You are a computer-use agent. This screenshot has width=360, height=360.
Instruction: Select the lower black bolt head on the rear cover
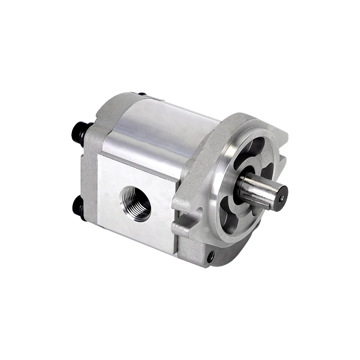pyautogui.click(x=78, y=206)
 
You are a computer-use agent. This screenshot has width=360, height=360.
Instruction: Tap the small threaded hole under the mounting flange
pyautogui.click(x=210, y=256)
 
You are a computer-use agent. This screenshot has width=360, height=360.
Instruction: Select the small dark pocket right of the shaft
pyautogui.click(x=268, y=171)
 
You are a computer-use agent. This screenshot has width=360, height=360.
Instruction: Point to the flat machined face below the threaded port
pyautogui.click(x=135, y=234)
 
